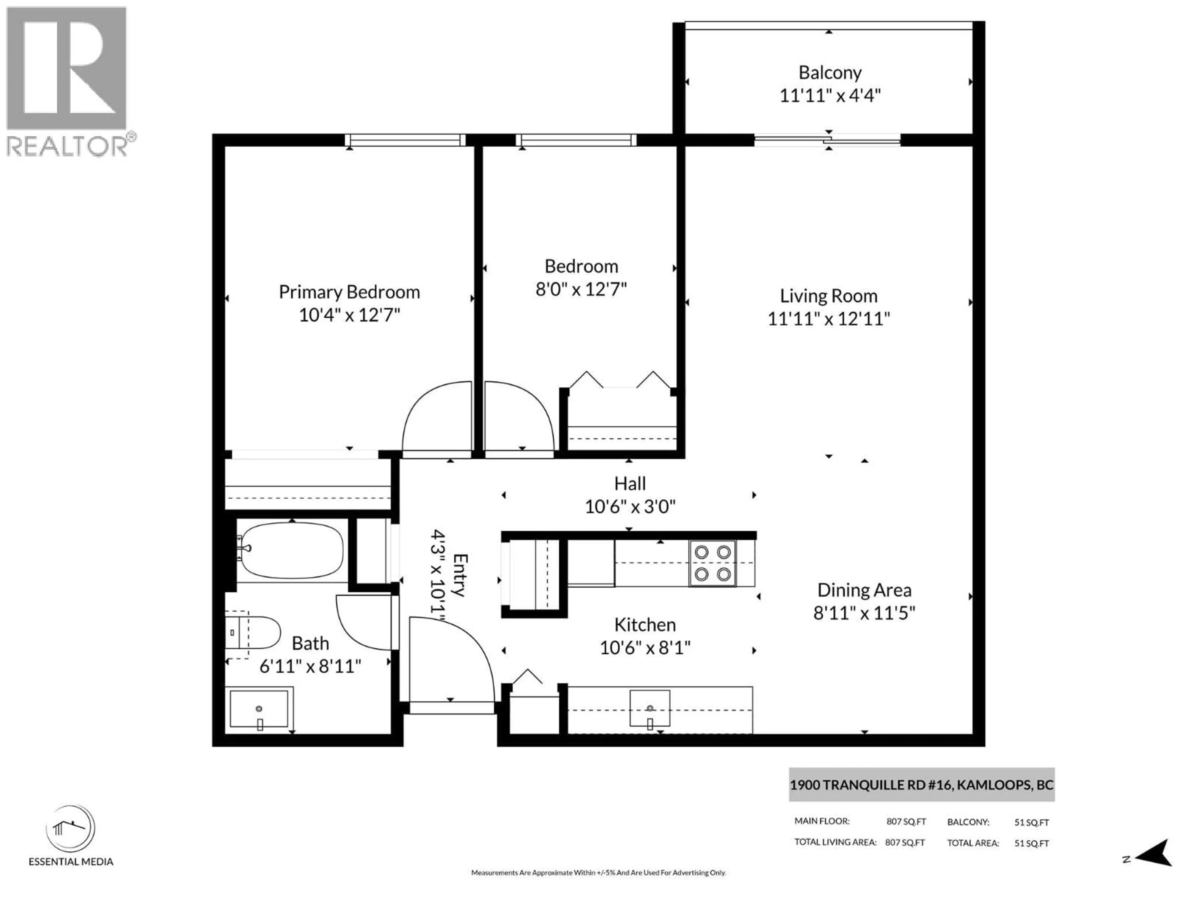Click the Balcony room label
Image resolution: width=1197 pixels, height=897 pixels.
click(x=829, y=73)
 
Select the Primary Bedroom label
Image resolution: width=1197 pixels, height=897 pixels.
click(x=349, y=292)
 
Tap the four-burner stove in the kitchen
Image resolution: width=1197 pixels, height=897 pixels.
click(x=712, y=563)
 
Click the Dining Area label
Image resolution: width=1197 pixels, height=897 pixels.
click(x=864, y=590)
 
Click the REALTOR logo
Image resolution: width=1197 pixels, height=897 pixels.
click(x=67, y=81)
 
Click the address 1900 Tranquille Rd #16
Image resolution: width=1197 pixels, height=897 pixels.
click(x=921, y=785)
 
